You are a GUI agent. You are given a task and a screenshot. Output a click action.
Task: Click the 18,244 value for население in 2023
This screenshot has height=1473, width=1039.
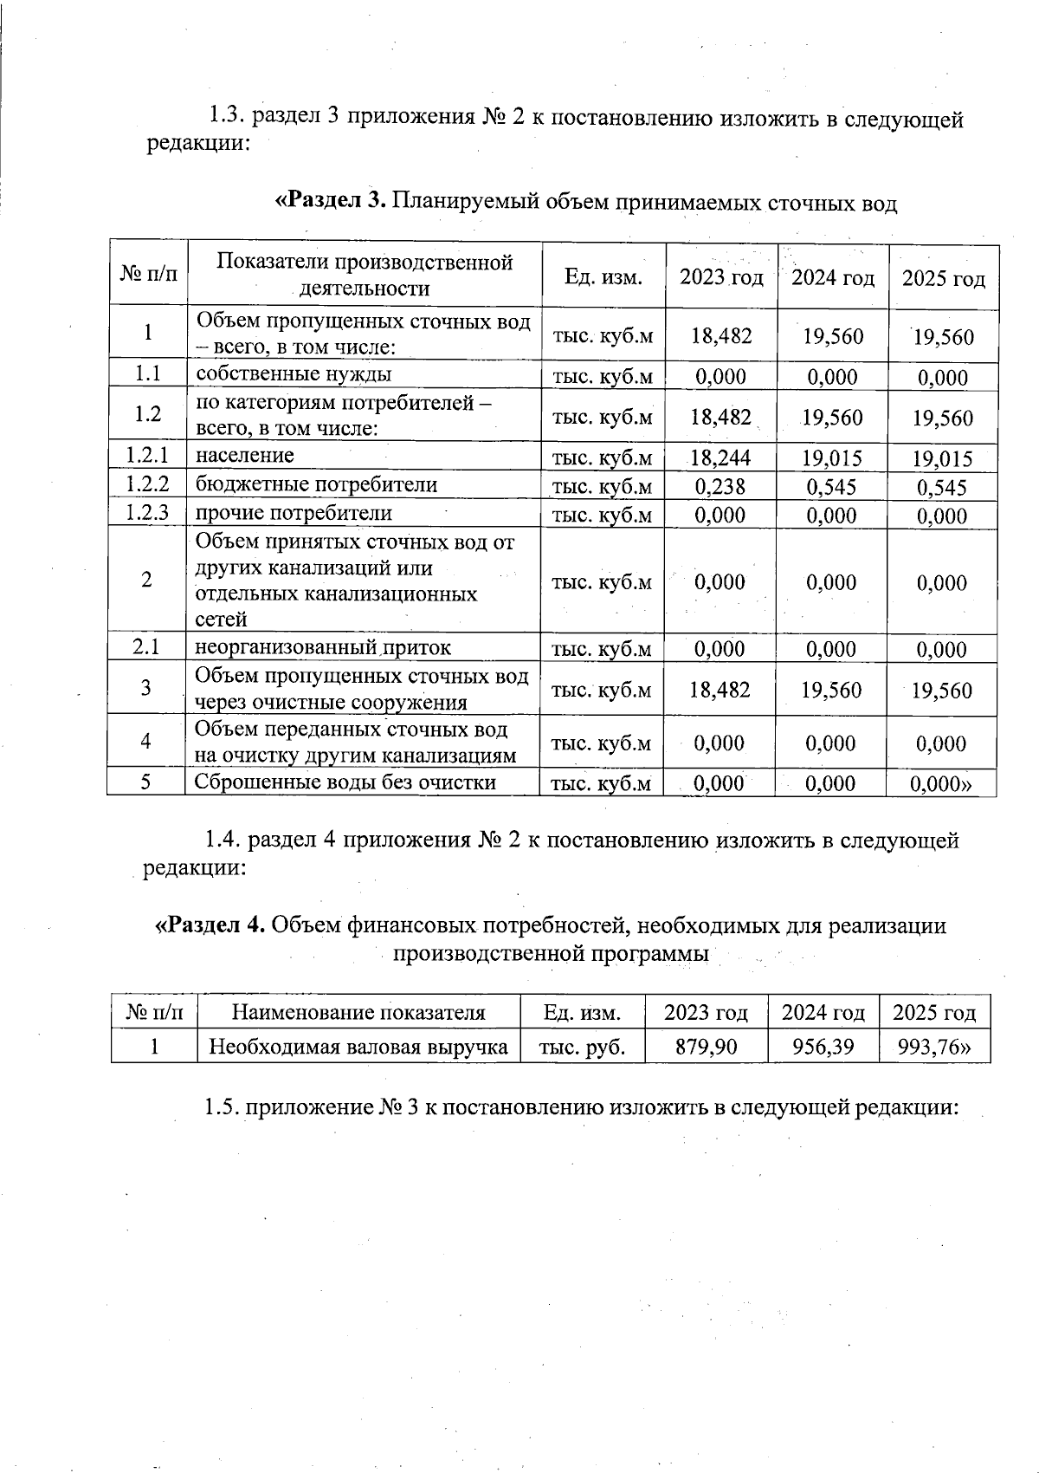[x=720, y=457]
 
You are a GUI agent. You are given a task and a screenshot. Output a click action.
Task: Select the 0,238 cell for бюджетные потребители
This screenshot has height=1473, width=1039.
[x=720, y=487]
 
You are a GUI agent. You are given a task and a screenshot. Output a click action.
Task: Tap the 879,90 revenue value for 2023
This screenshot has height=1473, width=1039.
[x=707, y=1047]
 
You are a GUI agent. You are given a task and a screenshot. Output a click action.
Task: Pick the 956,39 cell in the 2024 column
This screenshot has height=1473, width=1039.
[x=823, y=1047]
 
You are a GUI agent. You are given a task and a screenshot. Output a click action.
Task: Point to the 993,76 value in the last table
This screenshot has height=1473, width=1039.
[x=934, y=1047]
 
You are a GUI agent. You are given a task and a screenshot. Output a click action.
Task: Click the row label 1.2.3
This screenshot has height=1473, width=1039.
[x=146, y=514]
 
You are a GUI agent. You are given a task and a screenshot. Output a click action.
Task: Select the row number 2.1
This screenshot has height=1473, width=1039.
[x=146, y=647]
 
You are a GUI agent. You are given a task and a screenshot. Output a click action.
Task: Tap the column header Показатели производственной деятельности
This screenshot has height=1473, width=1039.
[x=365, y=275]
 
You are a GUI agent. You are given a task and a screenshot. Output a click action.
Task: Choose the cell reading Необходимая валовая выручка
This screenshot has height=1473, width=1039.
[x=358, y=1047]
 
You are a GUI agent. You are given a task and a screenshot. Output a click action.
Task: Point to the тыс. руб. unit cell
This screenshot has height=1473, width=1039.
[x=582, y=1047]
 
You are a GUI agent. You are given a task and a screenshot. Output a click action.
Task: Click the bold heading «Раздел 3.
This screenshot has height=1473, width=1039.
[x=330, y=201]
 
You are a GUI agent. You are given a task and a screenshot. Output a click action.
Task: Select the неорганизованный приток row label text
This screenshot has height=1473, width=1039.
[x=322, y=647]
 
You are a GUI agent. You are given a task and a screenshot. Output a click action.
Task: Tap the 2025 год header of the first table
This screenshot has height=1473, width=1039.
[x=944, y=278]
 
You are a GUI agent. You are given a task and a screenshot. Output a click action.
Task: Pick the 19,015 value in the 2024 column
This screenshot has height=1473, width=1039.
[x=832, y=457]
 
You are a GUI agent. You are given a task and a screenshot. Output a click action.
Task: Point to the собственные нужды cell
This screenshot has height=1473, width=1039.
[x=294, y=374]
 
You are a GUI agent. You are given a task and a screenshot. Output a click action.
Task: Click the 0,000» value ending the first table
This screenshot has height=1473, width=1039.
[x=940, y=784]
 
